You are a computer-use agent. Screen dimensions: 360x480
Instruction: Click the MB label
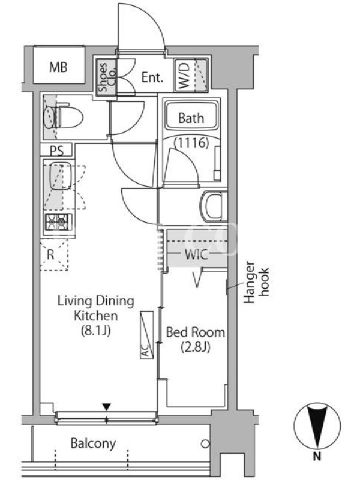coord(58,67)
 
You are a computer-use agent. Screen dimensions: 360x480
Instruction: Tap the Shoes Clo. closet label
coord(107,77)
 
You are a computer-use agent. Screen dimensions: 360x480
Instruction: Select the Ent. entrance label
coord(152,77)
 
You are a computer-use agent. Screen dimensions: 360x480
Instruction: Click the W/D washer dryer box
coord(191,75)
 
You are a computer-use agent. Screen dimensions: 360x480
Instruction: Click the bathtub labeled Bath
coord(191,116)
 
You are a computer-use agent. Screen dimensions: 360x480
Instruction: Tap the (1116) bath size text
coord(191,143)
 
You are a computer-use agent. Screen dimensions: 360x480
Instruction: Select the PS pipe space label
coord(56,151)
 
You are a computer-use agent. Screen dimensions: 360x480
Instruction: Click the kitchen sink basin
coord(61,176)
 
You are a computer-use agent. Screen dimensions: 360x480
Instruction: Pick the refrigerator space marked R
coord(54,255)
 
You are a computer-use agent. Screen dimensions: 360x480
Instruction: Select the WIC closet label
coord(196,254)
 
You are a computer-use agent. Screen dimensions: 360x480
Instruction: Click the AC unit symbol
coord(146,335)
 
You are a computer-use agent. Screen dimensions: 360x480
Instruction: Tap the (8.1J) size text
coord(95,331)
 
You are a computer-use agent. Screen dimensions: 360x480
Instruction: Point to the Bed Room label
coord(196,332)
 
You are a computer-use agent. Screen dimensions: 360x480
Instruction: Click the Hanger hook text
coord(256,282)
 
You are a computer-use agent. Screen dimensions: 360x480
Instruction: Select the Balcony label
coord(93,443)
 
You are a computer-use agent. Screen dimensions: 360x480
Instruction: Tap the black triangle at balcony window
coord(106,407)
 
